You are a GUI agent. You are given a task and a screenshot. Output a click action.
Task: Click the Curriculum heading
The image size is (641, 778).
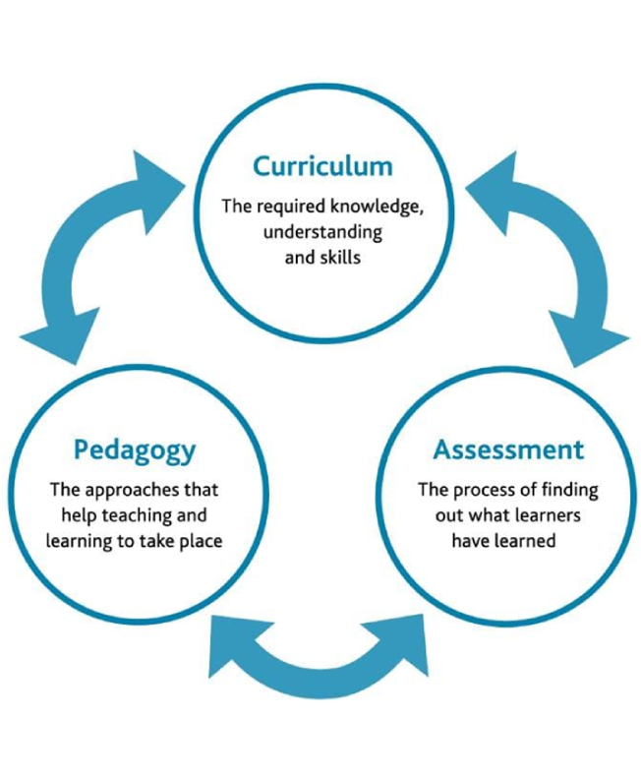pyautogui.click(x=322, y=166)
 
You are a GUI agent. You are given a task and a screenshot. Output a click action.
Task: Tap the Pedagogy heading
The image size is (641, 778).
pyautogui.click(x=135, y=450)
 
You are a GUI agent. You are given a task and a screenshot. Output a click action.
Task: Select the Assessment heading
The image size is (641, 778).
pyautogui.click(x=508, y=450)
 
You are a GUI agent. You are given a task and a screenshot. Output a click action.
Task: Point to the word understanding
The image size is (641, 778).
pyautogui.click(x=322, y=234)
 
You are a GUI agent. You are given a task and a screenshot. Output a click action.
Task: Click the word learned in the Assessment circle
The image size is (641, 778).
pyautogui.click(x=530, y=540)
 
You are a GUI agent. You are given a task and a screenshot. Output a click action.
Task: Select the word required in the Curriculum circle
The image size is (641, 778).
pyautogui.click(x=288, y=209)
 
